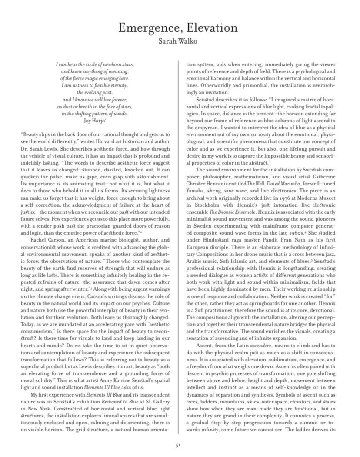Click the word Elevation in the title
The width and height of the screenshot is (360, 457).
pos(211,28)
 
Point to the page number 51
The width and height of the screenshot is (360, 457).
pos(178,445)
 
